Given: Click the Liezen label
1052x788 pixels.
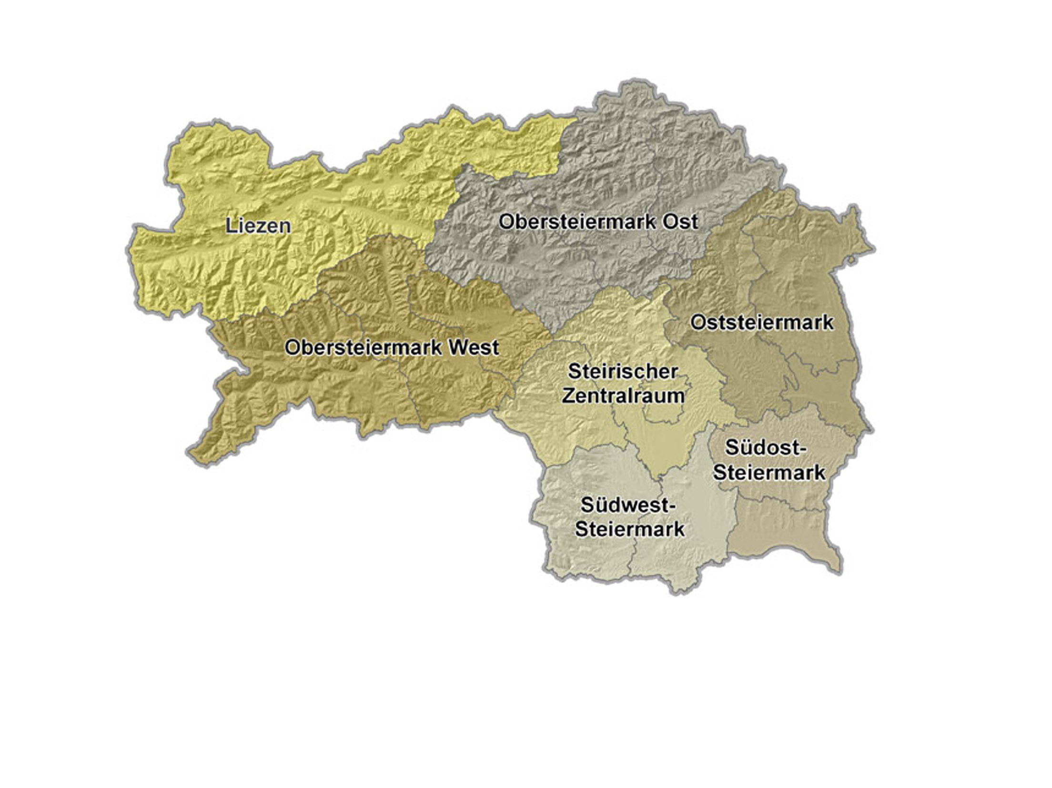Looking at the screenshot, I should click(258, 225).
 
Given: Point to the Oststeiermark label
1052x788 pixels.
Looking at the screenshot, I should click(762, 323).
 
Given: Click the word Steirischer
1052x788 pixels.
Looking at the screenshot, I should click(622, 372).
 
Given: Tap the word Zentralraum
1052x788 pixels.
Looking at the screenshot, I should click(623, 395).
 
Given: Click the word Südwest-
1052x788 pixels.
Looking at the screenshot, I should click(628, 505).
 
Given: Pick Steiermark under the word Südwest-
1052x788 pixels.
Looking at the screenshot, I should click(629, 529).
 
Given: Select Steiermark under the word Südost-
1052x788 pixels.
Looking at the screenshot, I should click(769, 473).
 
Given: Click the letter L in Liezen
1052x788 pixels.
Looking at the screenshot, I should click(230, 225).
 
